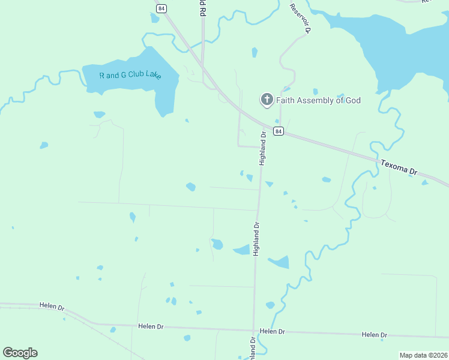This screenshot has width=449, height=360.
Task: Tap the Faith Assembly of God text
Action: [x=318, y=100]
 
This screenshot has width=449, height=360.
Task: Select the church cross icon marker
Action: [x=267, y=100]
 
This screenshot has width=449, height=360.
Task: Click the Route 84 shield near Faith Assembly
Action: [x=278, y=131]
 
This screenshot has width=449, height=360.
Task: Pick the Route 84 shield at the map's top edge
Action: [x=160, y=8]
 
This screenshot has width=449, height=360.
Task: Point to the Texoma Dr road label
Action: [x=399, y=167]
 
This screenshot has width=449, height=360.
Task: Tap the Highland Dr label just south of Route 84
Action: [x=262, y=149]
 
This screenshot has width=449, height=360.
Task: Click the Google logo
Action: [x=20, y=353]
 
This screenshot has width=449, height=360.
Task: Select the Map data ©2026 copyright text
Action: [x=423, y=355]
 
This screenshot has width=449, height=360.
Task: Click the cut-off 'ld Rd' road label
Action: [x=202, y=8]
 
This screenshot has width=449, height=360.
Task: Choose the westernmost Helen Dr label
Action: [x=52, y=306]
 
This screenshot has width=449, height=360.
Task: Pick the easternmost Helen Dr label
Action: [x=375, y=335]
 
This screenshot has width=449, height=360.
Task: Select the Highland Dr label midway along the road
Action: [x=256, y=239]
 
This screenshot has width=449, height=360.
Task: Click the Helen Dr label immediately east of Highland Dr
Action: [x=272, y=331]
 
